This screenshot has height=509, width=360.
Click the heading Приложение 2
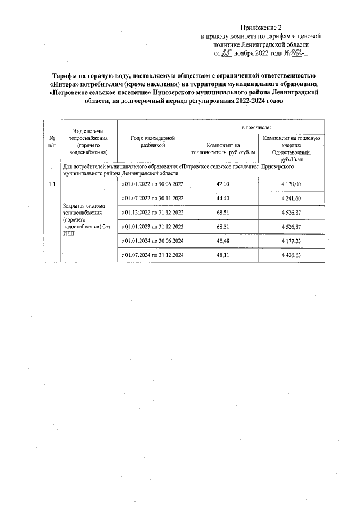click(x=260, y=27)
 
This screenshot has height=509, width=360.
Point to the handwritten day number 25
click(x=227, y=54)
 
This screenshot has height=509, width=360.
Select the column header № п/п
click(x=52, y=141)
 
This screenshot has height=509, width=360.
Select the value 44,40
click(x=223, y=199)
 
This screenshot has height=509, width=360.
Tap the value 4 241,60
click(x=291, y=199)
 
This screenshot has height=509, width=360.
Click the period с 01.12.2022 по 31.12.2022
click(x=152, y=213)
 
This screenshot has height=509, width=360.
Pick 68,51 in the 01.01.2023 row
click(x=223, y=227)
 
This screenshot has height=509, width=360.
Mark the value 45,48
click(x=223, y=241)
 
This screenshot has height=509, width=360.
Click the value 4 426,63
click(x=291, y=255)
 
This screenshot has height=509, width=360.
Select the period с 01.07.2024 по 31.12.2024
click(x=152, y=255)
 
